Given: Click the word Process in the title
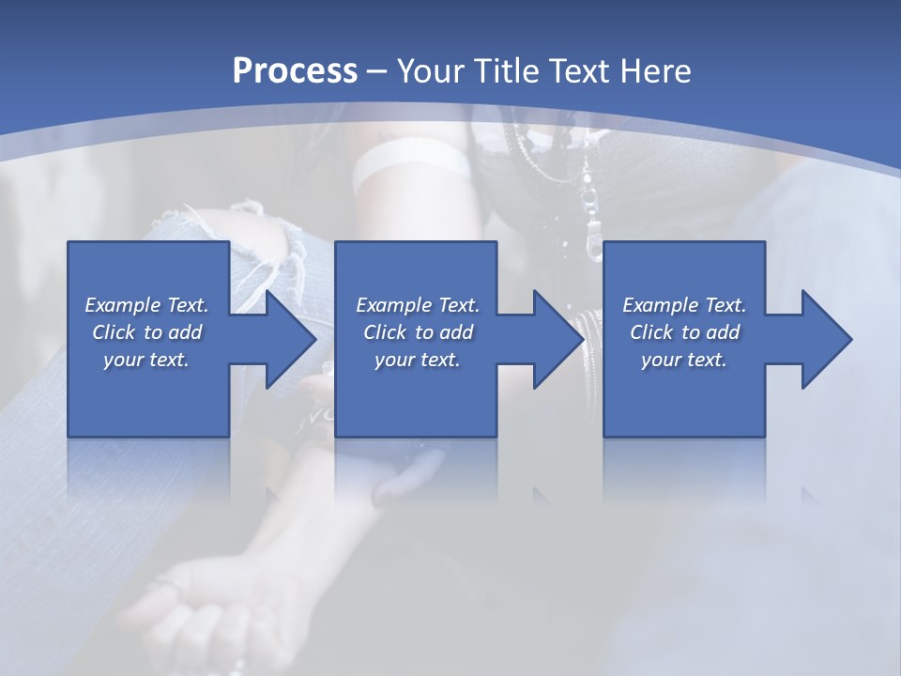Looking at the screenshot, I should point(295,70).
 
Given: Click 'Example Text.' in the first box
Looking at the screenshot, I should point(146,305).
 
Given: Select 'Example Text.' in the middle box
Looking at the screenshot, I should point(418,305).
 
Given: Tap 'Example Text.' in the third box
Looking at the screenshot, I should point(684,305).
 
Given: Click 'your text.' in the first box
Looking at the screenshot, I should point(146,360).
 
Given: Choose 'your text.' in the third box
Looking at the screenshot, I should point(684,360).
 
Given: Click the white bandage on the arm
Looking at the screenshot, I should point(412,162).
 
